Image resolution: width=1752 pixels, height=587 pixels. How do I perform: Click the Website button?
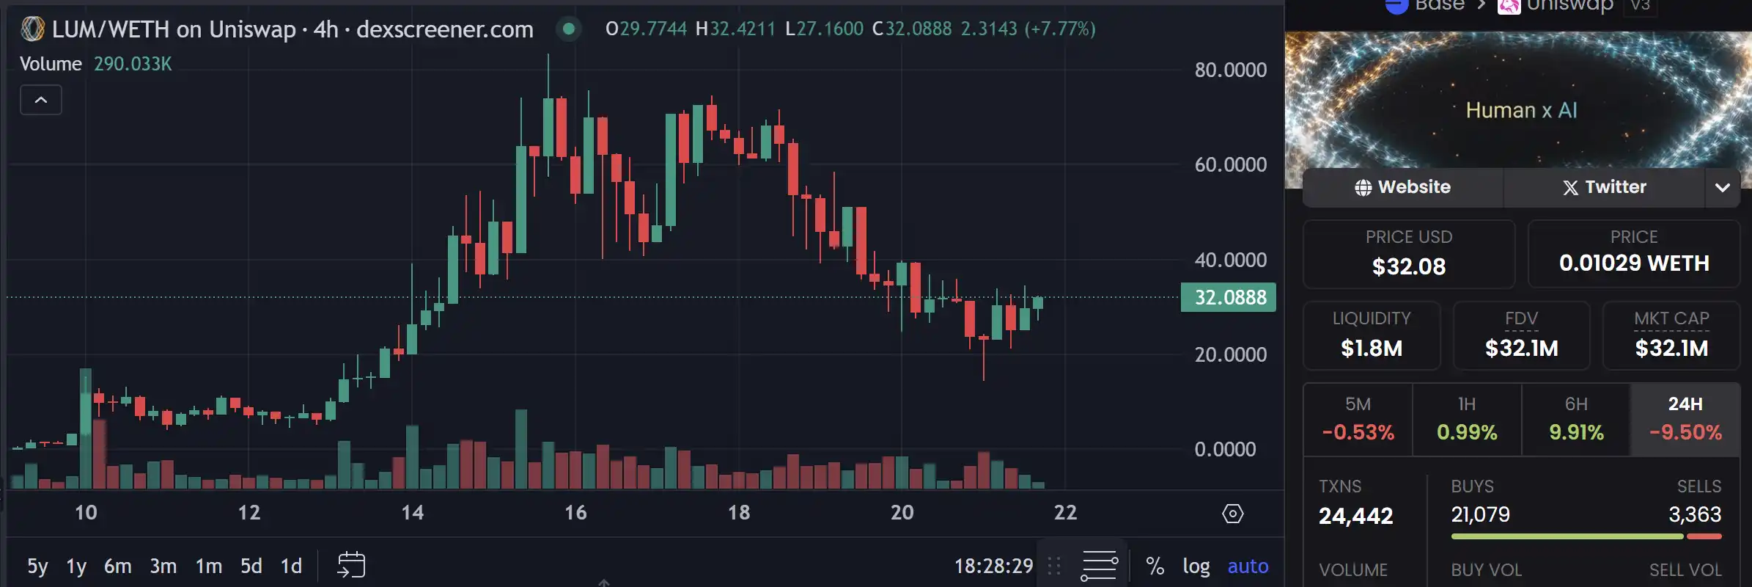click(1402, 187)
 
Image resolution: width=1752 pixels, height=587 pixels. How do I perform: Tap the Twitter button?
click(1604, 187)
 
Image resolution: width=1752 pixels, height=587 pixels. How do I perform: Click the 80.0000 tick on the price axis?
click(1230, 70)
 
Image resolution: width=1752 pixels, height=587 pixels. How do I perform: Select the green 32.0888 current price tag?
click(1229, 297)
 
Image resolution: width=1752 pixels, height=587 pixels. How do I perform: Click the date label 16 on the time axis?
click(575, 512)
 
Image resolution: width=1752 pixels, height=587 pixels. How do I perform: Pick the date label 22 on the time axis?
click(1065, 512)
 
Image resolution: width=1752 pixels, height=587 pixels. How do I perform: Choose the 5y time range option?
click(37, 566)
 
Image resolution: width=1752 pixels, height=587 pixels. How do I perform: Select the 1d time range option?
click(291, 566)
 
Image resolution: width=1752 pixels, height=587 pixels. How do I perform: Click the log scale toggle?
click(1196, 566)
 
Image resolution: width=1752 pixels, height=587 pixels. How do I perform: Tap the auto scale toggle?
click(1248, 566)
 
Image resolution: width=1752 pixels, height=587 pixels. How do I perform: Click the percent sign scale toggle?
click(1155, 566)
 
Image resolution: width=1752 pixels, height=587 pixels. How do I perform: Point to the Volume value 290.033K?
click(133, 64)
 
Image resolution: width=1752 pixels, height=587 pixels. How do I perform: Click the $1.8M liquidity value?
click(1371, 348)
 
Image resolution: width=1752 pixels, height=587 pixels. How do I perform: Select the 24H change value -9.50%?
click(1685, 432)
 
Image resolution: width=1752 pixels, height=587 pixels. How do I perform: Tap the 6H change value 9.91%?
click(1576, 432)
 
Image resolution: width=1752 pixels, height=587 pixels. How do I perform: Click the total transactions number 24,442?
click(1355, 516)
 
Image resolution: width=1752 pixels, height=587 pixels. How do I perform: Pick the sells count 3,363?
click(1694, 514)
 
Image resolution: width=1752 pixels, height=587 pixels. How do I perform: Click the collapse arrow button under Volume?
click(41, 100)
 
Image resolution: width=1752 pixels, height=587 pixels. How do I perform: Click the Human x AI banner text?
click(1521, 110)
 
